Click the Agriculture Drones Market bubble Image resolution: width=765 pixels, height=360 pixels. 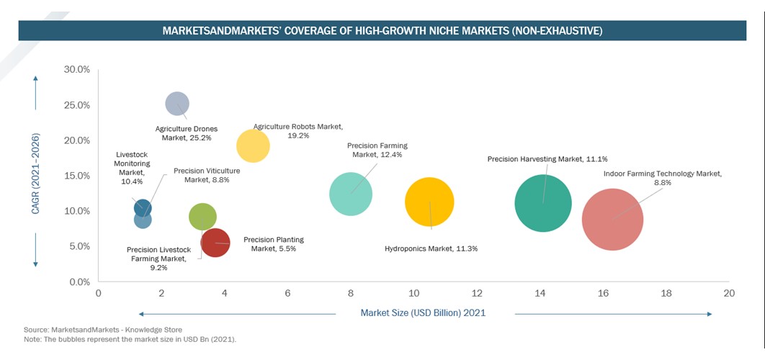[x=177, y=104]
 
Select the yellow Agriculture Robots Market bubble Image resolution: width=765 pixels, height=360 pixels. [x=253, y=146]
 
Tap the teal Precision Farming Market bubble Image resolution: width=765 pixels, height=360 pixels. [x=351, y=194]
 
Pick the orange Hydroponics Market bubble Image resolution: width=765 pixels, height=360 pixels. [x=429, y=202]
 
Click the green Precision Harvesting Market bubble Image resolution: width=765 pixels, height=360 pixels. [x=543, y=203]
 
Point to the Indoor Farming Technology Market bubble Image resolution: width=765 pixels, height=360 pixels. [x=612, y=220]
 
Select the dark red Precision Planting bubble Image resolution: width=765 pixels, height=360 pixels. [x=215, y=243]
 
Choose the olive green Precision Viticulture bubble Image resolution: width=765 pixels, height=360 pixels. [x=202, y=216]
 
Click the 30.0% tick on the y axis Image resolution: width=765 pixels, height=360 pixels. [x=76, y=70]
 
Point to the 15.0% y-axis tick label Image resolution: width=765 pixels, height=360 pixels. [x=76, y=176]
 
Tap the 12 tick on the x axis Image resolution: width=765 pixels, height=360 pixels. [x=477, y=294]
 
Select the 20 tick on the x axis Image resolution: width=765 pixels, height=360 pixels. [x=729, y=294]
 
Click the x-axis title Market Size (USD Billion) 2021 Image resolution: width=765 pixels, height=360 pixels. [x=424, y=313]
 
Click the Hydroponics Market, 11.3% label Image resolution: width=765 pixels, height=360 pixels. [x=431, y=248]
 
